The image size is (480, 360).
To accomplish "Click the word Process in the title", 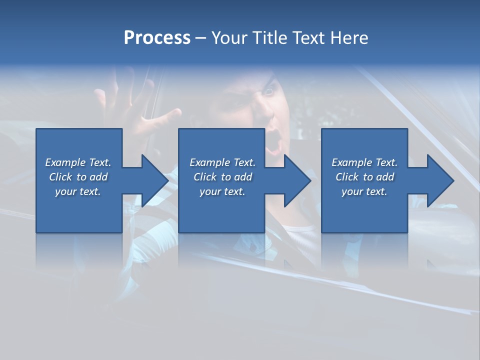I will click(x=157, y=38).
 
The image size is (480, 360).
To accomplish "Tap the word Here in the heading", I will click(x=349, y=38).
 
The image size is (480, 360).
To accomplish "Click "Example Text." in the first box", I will click(x=78, y=162).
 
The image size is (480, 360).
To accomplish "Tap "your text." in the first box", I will click(x=78, y=191).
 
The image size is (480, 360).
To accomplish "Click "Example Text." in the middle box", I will click(x=222, y=162).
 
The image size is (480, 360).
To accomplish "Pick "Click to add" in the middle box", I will click(x=222, y=177).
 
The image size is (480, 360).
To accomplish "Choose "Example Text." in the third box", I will click(x=364, y=162).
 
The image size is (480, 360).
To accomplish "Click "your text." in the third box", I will click(x=364, y=191).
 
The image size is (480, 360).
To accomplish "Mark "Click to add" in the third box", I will click(x=364, y=177).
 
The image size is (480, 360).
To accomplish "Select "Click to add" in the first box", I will click(x=78, y=177).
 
